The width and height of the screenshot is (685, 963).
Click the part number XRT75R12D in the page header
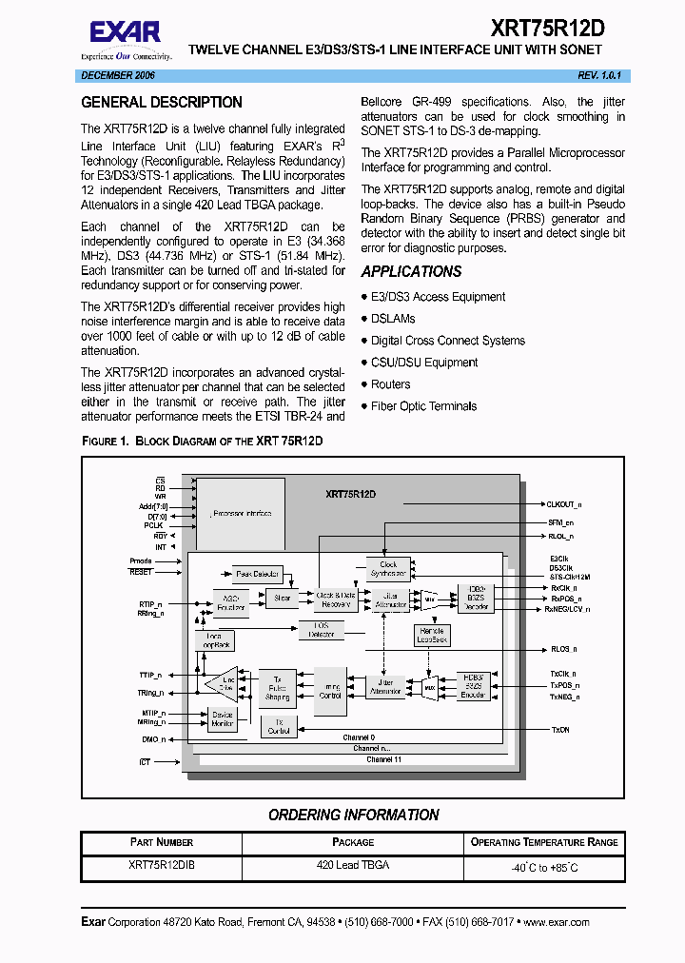point(547,29)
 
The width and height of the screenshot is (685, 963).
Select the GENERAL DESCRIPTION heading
point(162,103)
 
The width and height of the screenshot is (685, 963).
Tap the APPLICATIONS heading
point(411,272)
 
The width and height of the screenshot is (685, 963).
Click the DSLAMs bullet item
point(393,319)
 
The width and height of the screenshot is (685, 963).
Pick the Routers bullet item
point(390,384)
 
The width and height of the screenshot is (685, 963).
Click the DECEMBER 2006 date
point(118,74)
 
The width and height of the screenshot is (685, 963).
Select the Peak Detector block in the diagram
point(258,575)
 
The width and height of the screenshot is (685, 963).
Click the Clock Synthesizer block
point(388,569)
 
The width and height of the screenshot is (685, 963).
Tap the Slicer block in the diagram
point(283,599)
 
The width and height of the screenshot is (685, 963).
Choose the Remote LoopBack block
point(432,635)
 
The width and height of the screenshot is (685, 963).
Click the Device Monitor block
point(222,719)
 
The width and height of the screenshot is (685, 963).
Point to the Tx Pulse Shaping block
point(277,687)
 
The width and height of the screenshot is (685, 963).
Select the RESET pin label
point(140,572)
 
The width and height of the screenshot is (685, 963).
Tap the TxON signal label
point(560,730)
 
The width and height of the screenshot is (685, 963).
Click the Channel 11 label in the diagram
point(383,759)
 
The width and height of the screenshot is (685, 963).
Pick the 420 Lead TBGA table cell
point(353,865)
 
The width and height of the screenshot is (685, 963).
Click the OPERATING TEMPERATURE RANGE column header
point(543,842)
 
